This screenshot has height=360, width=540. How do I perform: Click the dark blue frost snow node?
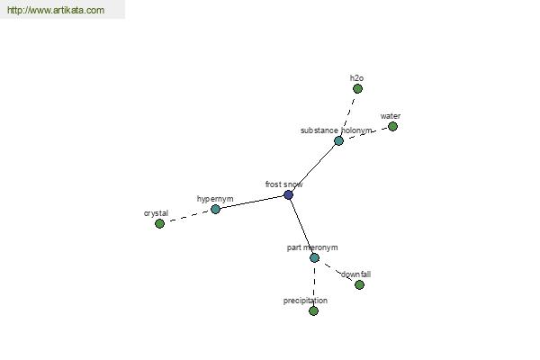(x=288, y=194)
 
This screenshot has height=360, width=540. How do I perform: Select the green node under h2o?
(x=357, y=89)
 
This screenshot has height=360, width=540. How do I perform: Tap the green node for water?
(x=392, y=126)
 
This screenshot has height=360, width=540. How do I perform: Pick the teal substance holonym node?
(x=338, y=140)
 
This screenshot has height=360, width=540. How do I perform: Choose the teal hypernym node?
(x=215, y=209)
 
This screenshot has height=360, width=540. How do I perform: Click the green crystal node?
(x=159, y=223)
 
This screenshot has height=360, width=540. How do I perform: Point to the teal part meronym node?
(x=314, y=257)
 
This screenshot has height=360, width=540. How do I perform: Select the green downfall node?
(x=359, y=285)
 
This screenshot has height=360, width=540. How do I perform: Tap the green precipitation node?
(x=313, y=311)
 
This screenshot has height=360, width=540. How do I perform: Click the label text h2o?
(x=356, y=78)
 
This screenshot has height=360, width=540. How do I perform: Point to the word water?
(x=391, y=116)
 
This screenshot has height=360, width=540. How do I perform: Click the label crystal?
(x=156, y=213)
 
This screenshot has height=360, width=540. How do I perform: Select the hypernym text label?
(x=215, y=199)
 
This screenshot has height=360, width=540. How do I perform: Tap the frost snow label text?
(x=283, y=184)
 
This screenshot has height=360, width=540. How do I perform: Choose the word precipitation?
(x=305, y=301)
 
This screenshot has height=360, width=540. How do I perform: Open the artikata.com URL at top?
(x=56, y=10)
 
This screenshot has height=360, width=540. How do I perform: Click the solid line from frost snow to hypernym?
(x=252, y=202)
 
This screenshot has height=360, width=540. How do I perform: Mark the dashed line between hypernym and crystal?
(x=187, y=216)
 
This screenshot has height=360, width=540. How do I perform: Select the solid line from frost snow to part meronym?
(x=301, y=226)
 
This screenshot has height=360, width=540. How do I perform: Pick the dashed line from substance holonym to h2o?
(x=348, y=114)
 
